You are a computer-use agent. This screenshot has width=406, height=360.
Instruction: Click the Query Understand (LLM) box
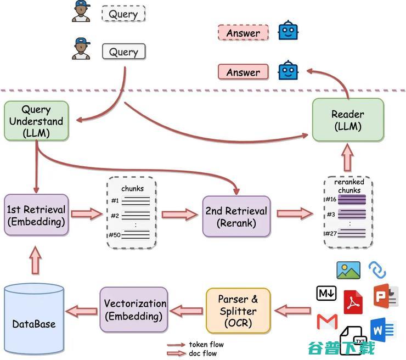(x=36, y=121)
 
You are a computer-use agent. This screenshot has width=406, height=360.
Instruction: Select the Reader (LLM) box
(x=348, y=120)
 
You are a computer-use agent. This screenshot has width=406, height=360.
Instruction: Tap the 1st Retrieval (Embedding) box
(x=36, y=215)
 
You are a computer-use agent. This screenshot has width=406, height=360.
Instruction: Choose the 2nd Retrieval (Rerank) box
(x=236, y=217)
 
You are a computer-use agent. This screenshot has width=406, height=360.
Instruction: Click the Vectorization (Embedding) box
(x=134, y=310)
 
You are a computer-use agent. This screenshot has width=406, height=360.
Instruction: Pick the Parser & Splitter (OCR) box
(x=238, y=311)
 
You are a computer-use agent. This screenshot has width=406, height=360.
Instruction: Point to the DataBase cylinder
(x=34, y=319)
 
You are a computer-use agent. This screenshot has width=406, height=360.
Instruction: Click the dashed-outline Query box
(x=123, y=14)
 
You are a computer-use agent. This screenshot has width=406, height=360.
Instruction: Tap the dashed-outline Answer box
(x=243, y=32)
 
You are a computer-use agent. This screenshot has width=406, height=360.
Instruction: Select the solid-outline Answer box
(x=243, y=72)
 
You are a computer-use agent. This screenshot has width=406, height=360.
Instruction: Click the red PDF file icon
(x=353, y=302)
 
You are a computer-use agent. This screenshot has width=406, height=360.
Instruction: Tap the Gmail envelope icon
(x=328, y=322)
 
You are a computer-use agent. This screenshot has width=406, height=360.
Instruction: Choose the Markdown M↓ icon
(x=326, y=293)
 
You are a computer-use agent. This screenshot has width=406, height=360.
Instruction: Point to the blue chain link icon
(x=377, y=271)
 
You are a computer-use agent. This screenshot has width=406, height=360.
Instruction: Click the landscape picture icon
(x=348, y=270)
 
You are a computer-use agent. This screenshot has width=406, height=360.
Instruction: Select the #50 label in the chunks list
(x=115, y=235)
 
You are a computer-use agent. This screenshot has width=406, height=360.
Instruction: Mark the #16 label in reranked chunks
(x=331, y=199)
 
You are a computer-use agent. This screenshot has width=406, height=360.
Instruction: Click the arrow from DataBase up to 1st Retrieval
(x=36, y=260)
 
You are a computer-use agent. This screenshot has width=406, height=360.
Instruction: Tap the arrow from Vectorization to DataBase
(x=82, y=311)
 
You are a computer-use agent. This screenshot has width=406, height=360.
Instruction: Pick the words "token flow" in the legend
(x=206, y=345)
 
